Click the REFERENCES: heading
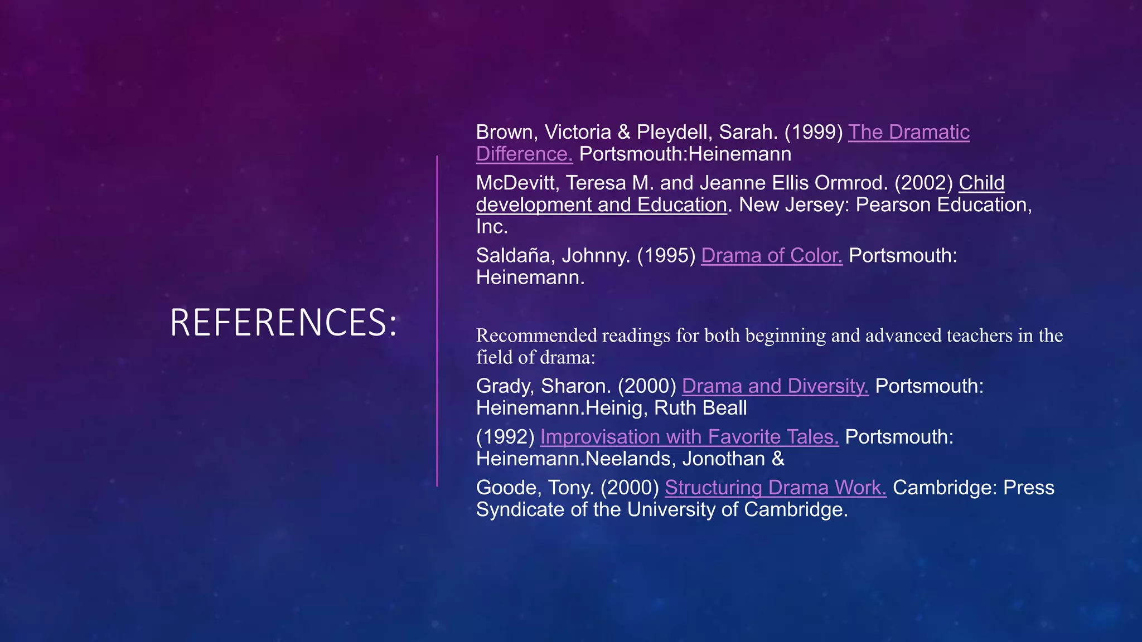coord(283,322)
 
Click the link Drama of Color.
coord(771,256)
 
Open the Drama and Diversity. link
coord(775,386)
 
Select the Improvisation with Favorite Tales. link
coord(689,437)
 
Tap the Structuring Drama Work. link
coord(775,488)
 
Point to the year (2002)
coord(923,183)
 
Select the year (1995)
coord(666,256)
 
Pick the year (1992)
coord(505,437)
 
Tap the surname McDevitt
coord(513,183)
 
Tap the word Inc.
coord(491,227)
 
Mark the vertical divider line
coord(437,321)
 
